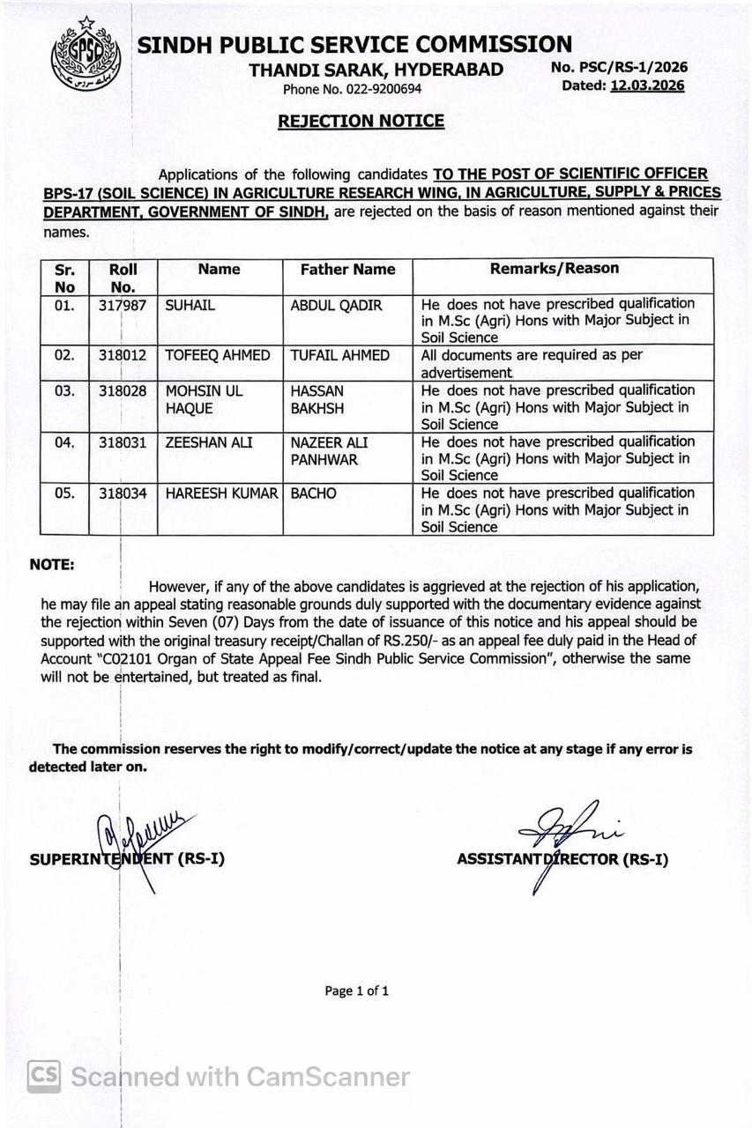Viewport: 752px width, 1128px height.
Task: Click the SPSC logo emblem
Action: click(85, 56)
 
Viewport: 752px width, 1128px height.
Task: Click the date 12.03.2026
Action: click(647, 85)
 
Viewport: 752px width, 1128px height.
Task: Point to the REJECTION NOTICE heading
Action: click(361, 121)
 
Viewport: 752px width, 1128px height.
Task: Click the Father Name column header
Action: click(347, 270)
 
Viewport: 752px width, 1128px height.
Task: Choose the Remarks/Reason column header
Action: click(555, 269)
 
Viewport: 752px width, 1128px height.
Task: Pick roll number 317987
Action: click(123, 305)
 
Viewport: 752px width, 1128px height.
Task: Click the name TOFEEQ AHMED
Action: click(218, 355)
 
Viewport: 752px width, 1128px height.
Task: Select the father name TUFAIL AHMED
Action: click(339, 355)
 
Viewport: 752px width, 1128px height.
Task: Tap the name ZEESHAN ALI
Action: click(208, 442)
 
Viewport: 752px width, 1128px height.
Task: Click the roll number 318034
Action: click(123, 493)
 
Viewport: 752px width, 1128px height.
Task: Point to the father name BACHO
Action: click(313, 493)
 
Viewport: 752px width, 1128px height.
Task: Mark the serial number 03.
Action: click(64, 390)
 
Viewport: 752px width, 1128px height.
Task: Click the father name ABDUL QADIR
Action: click(336, 305)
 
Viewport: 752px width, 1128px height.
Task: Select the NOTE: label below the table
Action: click(52, 565)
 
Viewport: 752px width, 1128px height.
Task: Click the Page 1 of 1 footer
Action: click(356, 991)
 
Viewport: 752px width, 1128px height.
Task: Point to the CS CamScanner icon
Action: click(44, 1076)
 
